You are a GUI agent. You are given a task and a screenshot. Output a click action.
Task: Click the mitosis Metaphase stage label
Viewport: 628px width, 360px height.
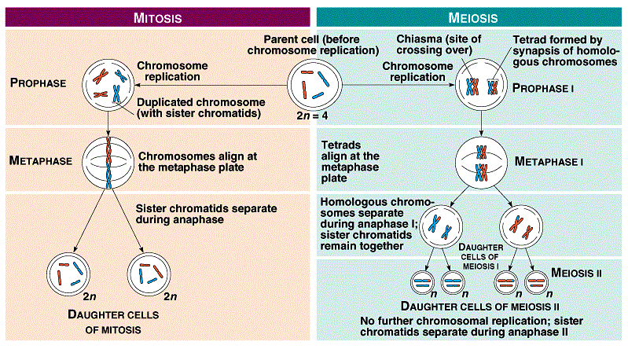[40, 160]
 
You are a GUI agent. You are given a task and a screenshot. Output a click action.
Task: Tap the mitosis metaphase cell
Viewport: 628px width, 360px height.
[110, 160]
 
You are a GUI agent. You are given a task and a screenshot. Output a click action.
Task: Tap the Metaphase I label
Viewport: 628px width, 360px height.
[547, 161]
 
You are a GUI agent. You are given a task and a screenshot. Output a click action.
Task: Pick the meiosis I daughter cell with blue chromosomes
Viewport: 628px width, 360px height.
[442, 228]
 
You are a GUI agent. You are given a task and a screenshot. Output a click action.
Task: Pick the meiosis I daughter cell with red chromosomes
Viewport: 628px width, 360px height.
[522, 228]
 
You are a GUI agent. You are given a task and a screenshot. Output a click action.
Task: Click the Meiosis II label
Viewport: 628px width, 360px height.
[576, 273]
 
